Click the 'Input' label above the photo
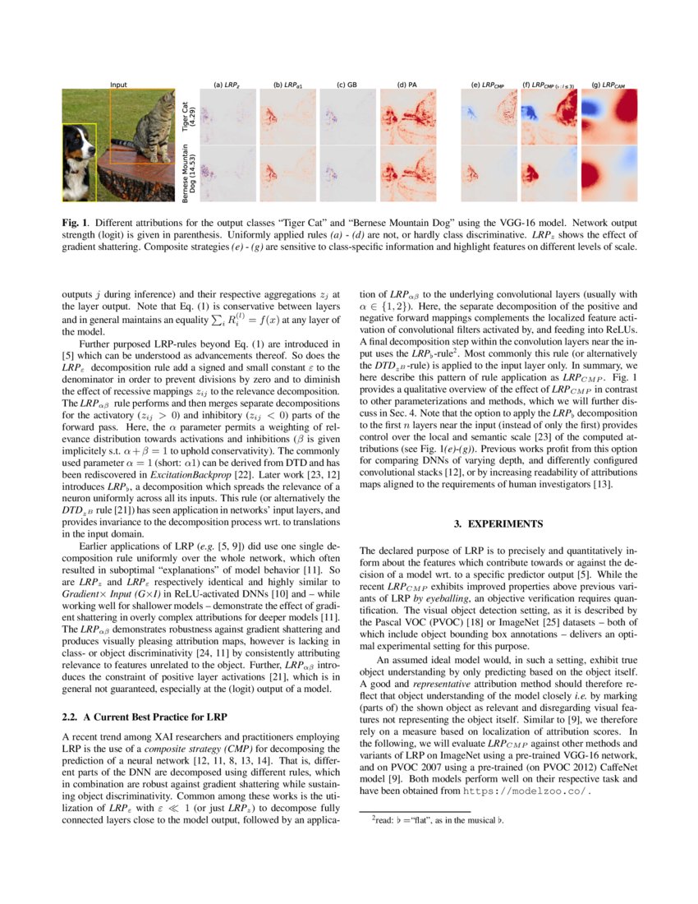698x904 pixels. pos(119,84)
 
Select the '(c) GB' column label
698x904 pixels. pos(347,84)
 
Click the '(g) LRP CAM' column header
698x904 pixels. pos(608,84)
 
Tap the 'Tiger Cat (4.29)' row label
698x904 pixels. pos(188,116)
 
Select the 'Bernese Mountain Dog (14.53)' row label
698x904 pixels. pos(188,173)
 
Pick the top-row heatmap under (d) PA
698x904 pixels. pos(406,116)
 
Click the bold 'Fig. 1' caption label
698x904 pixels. pos(75,222)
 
